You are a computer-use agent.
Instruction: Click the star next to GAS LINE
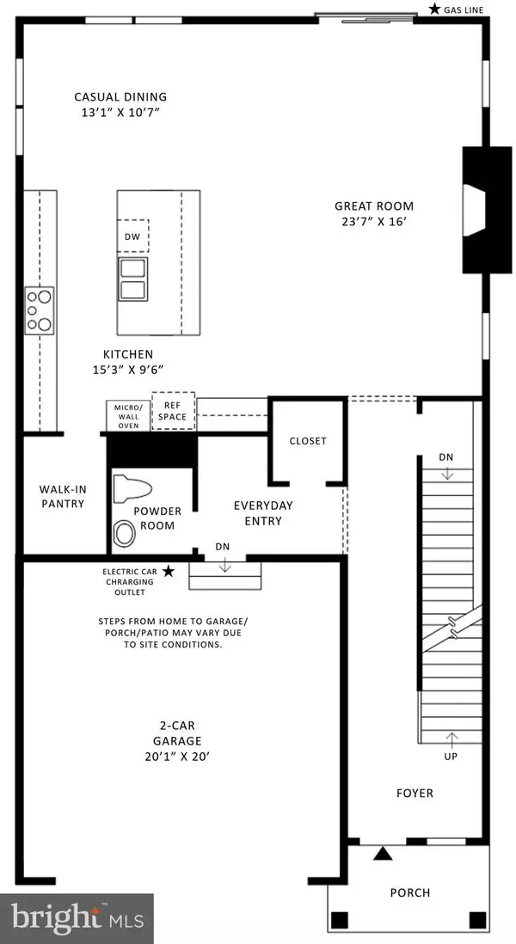pyautogui.click(x=435, y=9)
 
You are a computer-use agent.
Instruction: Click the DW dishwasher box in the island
pyautogui.click(x=133, y=235)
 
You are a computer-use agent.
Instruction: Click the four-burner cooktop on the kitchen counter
pyautogui.click(x=39, y=309)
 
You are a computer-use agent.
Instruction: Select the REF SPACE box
pyautogui.click(x=174, y=411)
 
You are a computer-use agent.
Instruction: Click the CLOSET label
pyautogui.click(x=308, y=441)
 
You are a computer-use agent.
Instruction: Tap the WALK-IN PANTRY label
pyautogui.click(x=62, y=497)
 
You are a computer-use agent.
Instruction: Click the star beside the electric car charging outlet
pyautogui.click(x=169, y=571)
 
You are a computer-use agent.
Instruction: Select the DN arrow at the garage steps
pyautogui.click(x=224, y=563)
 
